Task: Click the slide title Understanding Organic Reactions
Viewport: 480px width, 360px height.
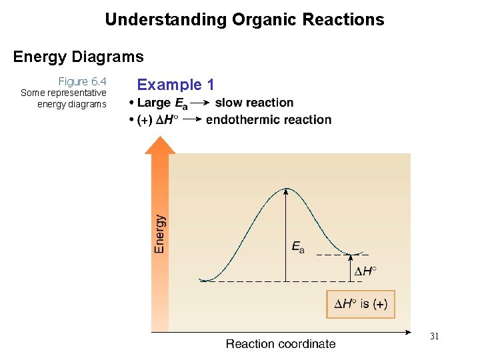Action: click(x=244, y=19)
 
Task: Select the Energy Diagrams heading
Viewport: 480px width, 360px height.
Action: click(x=78, y=57)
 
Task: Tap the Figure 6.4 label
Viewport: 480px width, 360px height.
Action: click(x=82, y=81)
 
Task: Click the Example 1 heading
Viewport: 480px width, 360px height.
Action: click(x=175, y=85)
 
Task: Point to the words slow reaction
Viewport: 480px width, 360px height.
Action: click(x=254, y=103)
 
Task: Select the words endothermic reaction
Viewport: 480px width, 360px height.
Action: click(x=269, y=120)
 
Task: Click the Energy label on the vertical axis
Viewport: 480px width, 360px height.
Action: click(x=160, y=233)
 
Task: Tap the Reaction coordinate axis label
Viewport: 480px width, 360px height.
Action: click(x=281, y=344)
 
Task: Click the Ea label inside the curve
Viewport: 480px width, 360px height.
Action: click(x=298, y=247)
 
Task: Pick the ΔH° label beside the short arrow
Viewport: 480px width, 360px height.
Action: click(x=365, y=271)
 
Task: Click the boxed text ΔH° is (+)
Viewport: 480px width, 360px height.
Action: click(x=360, y=304)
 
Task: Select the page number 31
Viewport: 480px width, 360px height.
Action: click(x=434, y=337)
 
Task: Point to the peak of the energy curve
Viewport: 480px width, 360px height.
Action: click(x=286, y=189)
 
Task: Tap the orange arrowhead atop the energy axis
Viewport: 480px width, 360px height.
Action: click(x=160, y=145)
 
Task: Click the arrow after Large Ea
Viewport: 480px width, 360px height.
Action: click(x=200, y=103)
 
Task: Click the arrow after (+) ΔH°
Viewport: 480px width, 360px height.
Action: click(x=192, y=120)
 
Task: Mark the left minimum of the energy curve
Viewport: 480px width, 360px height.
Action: click(x=209, y=280)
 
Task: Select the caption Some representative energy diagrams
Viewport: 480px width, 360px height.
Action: click(x=64, y=98)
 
